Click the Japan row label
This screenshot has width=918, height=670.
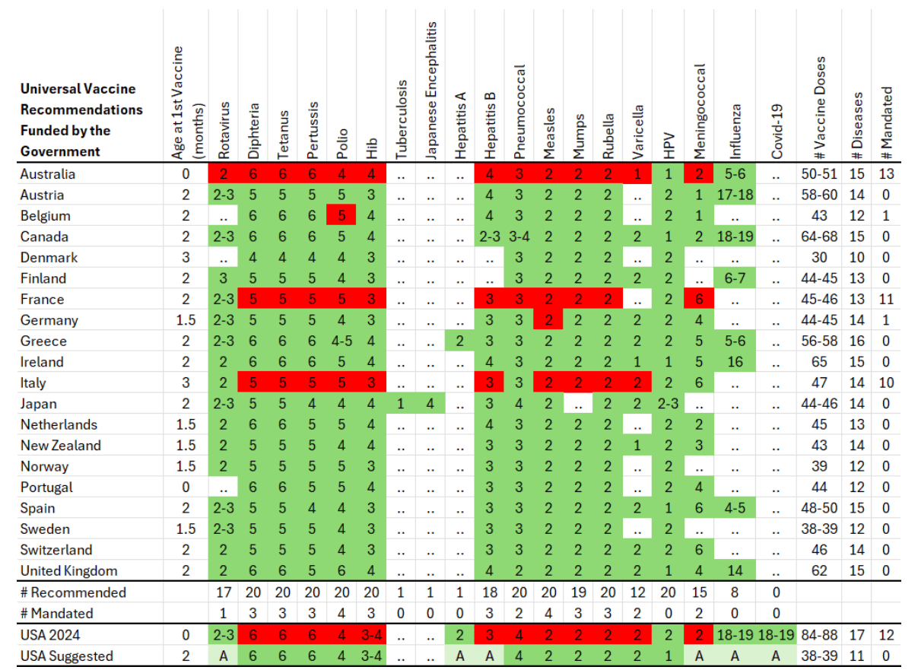tap(38, 404)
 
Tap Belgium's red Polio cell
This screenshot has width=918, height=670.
tap(341, 216)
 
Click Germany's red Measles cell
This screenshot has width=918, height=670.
tap(548, 320)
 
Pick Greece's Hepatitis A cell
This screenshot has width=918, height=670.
tap(459, 341)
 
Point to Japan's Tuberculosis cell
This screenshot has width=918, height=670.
tap(400, 404)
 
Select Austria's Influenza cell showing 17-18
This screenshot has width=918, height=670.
tap(734, 195)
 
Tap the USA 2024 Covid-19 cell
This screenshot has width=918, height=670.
tap(776, 635)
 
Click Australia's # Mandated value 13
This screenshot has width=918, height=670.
tap(886, 174)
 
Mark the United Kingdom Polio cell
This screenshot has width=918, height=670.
tap(341, 570)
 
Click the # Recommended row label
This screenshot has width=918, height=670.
tap(72, 592)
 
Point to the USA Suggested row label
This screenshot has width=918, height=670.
tap(66, 656)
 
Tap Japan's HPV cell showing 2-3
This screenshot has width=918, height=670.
tap(668, 404)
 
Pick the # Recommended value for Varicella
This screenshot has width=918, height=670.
tap(637, 592)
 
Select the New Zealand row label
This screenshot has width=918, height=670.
tap(60, 446)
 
